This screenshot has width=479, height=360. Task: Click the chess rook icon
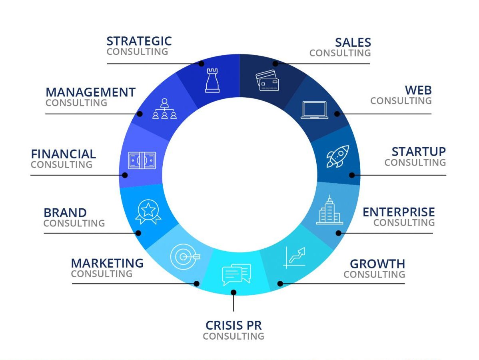click(212, 80)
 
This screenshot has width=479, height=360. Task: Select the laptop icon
click(314, 110)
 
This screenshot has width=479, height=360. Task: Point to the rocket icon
click(337, 156)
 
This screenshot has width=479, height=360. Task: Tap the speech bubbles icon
click(236, 274)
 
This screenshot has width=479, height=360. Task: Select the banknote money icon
click(142, 160)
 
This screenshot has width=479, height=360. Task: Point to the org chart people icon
click(164, 109)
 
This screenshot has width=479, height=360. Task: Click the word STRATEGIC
click(139, 41)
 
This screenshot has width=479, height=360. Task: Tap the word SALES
click(353, 42)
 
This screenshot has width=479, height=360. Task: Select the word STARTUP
click(419, 152)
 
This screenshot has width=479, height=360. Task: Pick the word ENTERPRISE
click(399, 212)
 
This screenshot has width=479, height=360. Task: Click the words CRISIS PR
click(234, 325)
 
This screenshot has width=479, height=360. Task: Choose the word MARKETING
click(107, 263)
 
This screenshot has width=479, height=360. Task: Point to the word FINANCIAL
click(63, 154)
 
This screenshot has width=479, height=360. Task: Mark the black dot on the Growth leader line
click(280, 284)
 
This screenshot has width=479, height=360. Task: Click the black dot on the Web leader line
click(337, 114)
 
